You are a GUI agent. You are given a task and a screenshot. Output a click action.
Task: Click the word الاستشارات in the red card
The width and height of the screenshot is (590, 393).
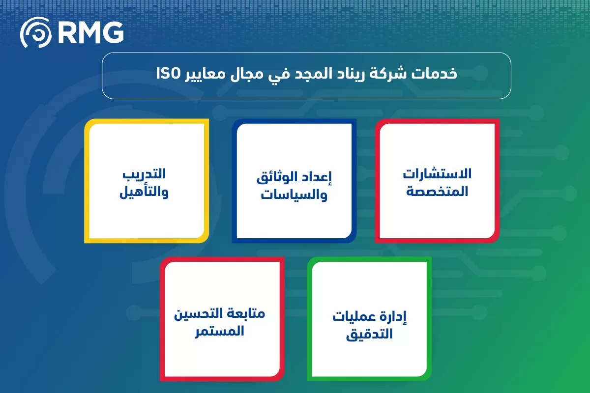[x=437, y=173]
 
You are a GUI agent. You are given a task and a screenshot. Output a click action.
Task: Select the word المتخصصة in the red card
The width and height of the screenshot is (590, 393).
[x=437, y=191]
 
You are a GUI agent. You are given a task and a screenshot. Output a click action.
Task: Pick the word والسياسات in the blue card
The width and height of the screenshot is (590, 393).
[x=294, y=195]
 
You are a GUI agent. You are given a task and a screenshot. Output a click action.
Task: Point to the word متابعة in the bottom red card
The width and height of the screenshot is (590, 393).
[x=245, y=313]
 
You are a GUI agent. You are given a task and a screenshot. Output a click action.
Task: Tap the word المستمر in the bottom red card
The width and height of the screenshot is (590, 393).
[x=219, y=331]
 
